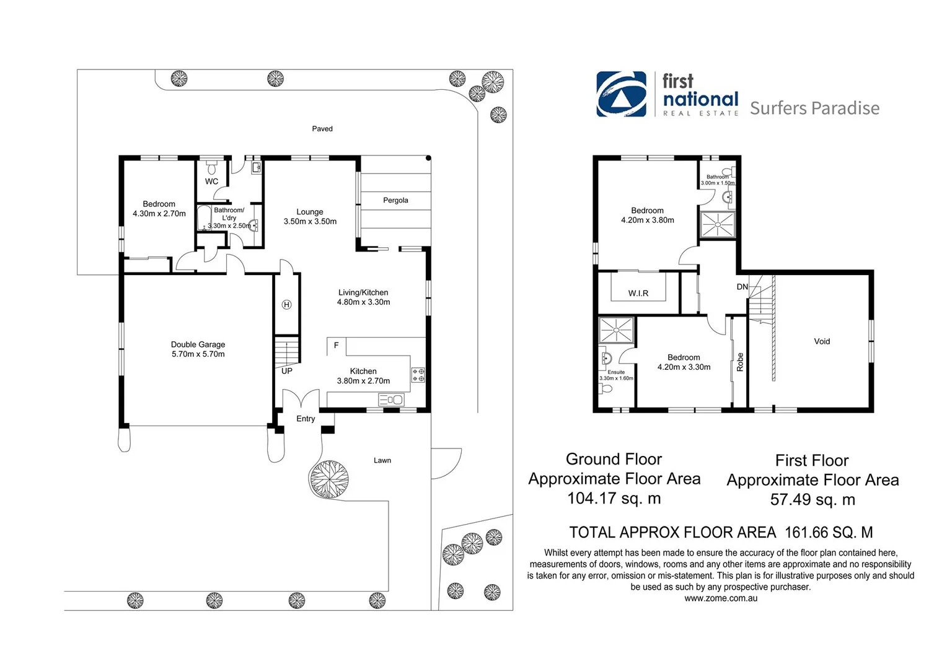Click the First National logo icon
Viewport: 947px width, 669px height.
coord(621,94)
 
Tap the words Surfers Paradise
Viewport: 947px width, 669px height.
coord(814,108)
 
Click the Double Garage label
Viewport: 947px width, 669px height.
coord(198,344)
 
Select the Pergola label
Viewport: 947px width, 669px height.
coord(395,200)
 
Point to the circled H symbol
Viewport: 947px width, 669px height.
coord(286,304)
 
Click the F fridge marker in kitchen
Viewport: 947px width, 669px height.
coord(336,345)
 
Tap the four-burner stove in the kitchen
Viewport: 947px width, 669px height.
coord(418,375)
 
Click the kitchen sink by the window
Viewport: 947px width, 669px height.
coord(392,400)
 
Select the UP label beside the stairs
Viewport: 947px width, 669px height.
coord(287,371)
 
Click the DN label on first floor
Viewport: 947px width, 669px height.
coord(742,287)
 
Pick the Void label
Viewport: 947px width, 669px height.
coord(822,341)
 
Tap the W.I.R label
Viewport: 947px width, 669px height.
coord(638,293)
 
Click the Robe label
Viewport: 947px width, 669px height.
coord(740,362)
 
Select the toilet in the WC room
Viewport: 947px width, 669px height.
coord(211,168)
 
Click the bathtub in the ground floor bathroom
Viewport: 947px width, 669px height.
coord(204,219)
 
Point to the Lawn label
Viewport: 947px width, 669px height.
coord(382,460)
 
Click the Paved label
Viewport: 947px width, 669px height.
coord(322,129)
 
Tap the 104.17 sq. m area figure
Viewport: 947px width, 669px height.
coord(614,499)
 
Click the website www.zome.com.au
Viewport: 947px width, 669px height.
coord(721,598)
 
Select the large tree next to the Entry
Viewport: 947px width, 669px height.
coord(328,479)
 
